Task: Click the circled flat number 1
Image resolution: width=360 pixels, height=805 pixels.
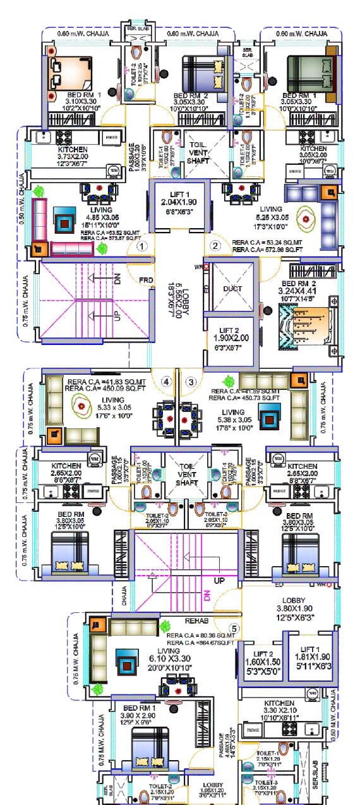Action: click(143, 246)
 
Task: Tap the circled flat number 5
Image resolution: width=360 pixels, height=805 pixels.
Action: click(234, 629)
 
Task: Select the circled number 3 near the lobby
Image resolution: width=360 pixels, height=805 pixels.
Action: click(191, 382)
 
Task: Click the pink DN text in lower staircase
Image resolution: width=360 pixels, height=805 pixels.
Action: click(206, 595)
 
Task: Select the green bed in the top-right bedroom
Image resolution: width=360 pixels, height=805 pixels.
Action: click(310, 71)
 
